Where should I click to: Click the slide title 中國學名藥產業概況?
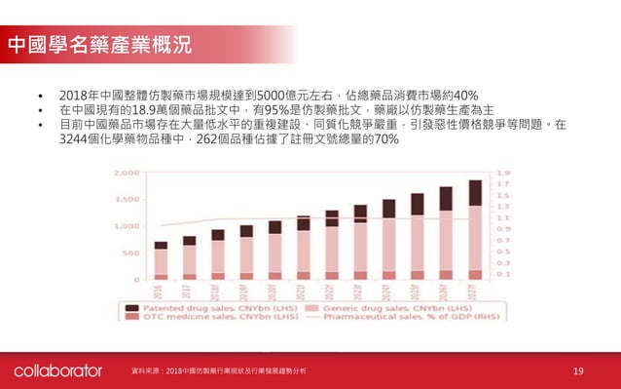click(97, 44)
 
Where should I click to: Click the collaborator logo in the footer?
click(57, 371)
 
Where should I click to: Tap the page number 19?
click(578, 371)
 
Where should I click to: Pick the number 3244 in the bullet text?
click(76, 139)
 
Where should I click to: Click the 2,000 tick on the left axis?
click(128, 173)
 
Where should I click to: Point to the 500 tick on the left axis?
click(130, 253)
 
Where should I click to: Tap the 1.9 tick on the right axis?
click(502, 173)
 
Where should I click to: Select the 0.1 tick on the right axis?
click(502, 274)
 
